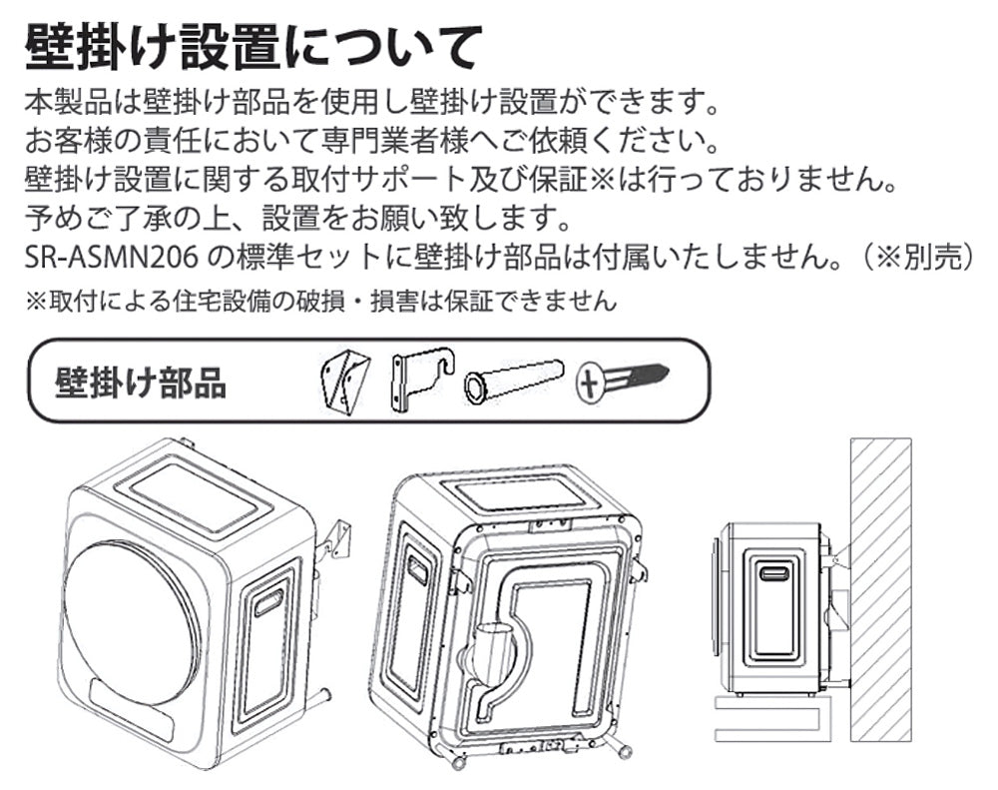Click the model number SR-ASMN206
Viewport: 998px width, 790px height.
(x=112, y=257)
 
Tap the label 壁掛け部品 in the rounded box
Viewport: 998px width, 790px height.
(x=141, y=383)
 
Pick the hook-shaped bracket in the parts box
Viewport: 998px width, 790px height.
(x=419, y=381)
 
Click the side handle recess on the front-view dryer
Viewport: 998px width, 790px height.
(x=268, y=601)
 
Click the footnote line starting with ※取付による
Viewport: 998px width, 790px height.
(x=319, y=301)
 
